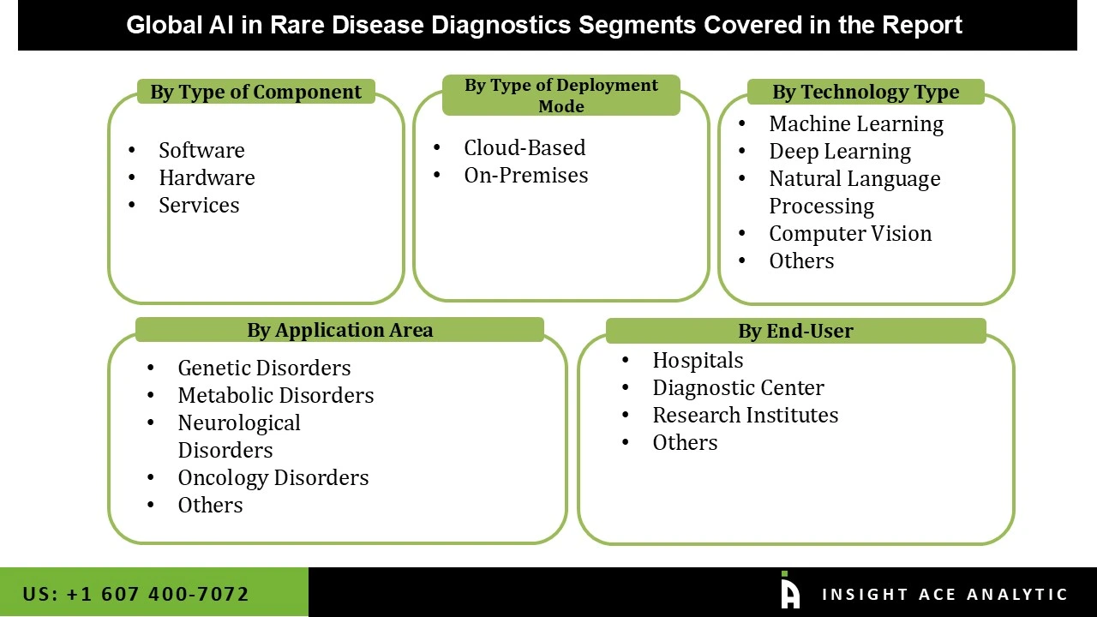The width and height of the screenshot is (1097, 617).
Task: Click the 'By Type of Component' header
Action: click(255, 92)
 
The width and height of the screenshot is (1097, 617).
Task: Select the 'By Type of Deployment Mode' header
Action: click(560, 95)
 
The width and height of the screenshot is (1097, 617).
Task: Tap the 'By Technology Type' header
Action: click(865, 92)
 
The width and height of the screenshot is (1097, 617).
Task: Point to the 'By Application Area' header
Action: click(339, 330)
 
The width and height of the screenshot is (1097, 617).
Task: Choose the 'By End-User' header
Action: click(795, 331)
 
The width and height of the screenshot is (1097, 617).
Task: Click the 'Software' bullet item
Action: click(201, 150)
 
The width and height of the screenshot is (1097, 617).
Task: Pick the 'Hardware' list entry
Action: click(207, 177)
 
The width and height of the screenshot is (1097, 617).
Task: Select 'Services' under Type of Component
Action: click(199, 205)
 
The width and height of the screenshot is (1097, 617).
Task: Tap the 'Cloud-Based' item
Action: click(525, 147)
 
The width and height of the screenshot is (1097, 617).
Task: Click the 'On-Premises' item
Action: click(526, 175)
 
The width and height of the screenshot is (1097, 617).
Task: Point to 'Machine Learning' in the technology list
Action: click(855, 123)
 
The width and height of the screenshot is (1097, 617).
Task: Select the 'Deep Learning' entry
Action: click(839, 151)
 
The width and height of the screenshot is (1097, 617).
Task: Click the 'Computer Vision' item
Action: click(849, 233)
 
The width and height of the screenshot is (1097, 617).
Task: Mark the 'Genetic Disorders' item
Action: click(264, 368)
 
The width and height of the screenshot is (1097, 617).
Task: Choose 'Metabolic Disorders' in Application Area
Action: click(275, 395)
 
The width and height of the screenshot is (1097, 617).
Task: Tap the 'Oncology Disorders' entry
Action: click(273, 477)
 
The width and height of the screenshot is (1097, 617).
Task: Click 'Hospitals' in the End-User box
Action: click(698, 360)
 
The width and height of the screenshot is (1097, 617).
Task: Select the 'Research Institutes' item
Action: click(745, 415)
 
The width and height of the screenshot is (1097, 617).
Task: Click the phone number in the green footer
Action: click(136, 594)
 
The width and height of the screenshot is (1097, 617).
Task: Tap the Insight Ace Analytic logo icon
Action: click(789, 591)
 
